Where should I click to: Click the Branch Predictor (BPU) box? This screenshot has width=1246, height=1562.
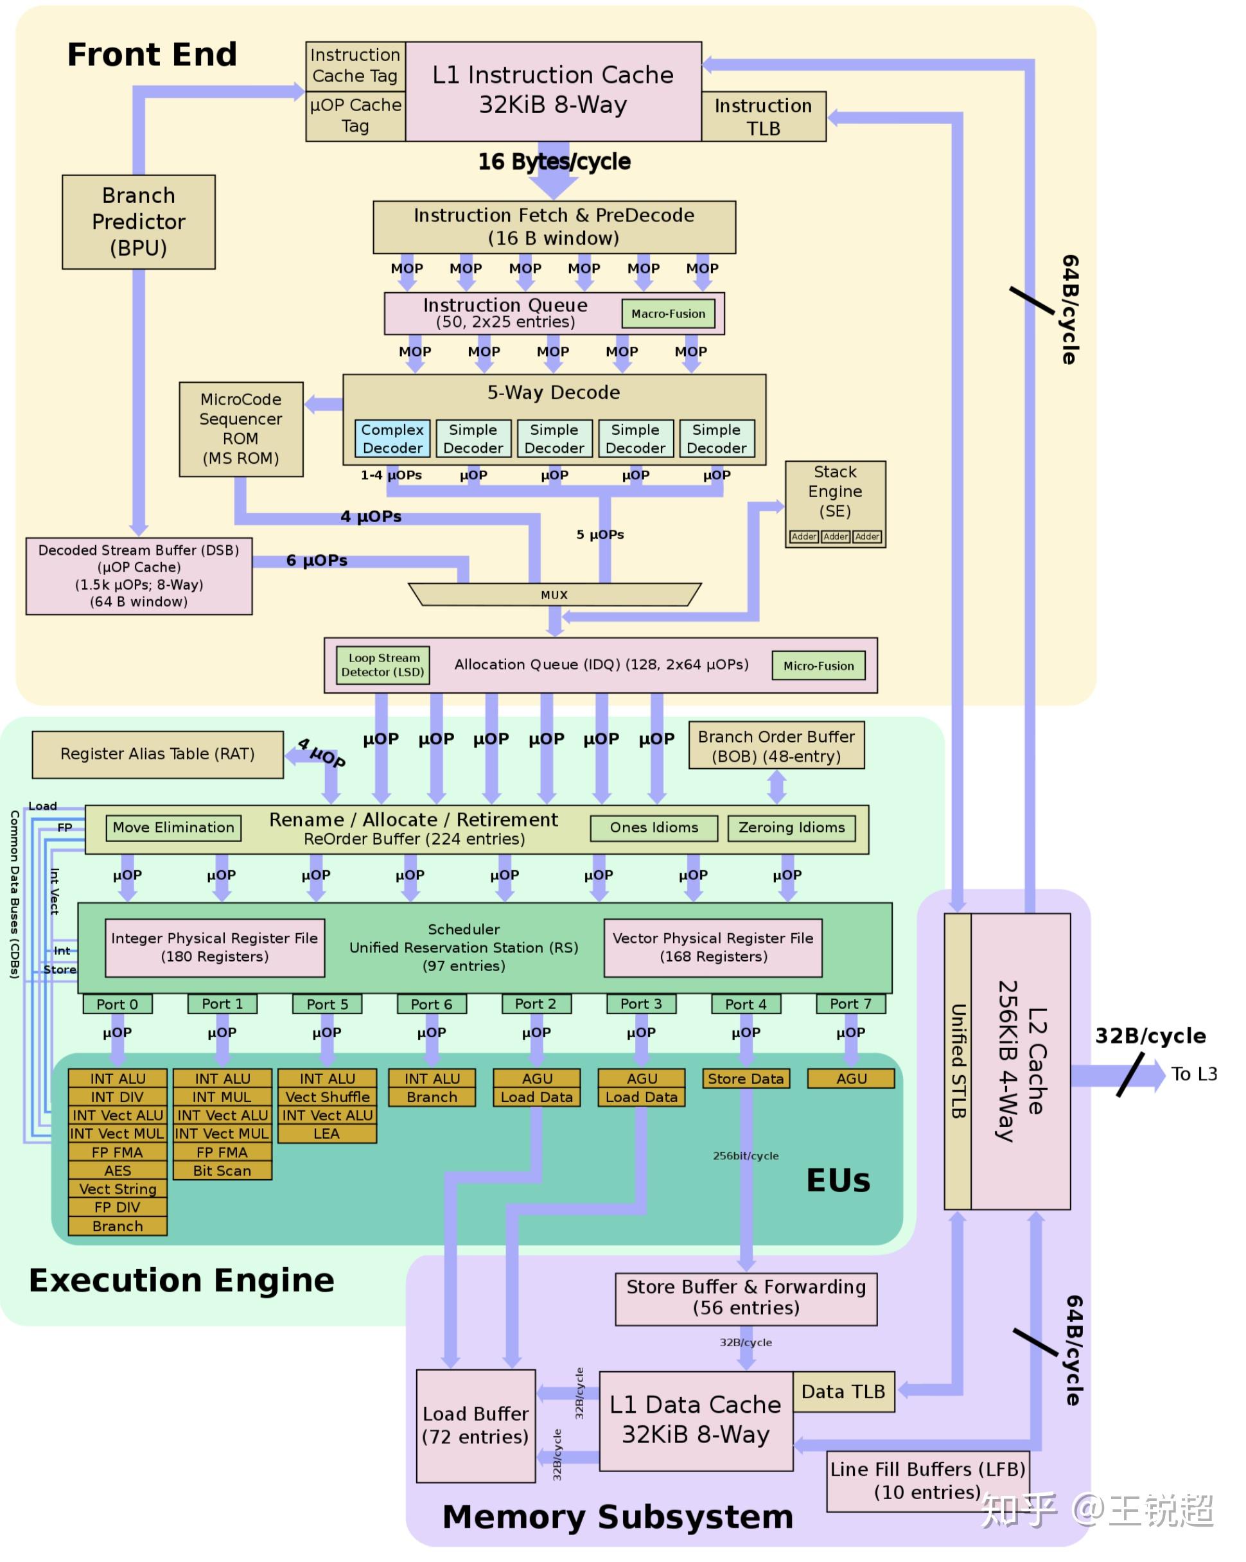138,222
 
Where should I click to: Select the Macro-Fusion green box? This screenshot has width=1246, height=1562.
668,313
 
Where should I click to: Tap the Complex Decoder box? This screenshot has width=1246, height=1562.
392,438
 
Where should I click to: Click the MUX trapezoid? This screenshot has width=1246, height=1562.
554,594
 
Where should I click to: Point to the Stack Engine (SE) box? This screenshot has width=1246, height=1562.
834,504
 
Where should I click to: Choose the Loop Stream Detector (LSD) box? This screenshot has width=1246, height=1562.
383,664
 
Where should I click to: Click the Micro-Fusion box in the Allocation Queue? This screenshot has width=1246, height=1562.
819,665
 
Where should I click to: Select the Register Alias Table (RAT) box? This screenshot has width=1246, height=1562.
158,754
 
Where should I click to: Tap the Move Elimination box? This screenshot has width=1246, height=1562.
174,827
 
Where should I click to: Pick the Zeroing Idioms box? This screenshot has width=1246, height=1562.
791,827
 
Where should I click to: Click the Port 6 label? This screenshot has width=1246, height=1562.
432,1003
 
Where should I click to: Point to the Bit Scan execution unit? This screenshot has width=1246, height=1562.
222,1170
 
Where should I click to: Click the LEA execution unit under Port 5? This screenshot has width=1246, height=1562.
327,1133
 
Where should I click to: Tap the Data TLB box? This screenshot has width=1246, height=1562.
843,1391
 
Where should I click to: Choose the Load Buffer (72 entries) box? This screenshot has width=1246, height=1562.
476,1425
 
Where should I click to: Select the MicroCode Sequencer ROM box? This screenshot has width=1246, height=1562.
241,429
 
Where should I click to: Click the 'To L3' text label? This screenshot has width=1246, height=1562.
1193,1074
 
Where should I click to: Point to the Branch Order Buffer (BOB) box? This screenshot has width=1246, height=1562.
777,746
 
